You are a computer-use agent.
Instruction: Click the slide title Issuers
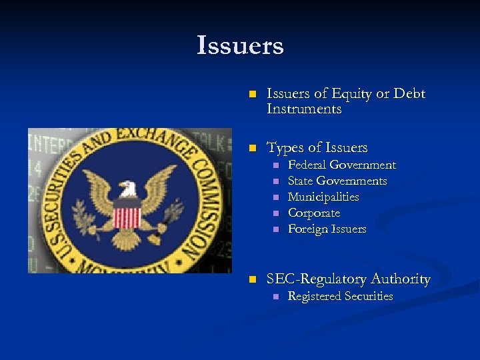pos(240,46)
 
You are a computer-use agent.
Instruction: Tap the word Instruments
pos(303,109)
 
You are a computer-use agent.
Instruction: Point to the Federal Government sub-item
pos(341,165)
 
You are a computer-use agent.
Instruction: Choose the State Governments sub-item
pos(337,181)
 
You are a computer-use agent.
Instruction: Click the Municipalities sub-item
pos(323,197)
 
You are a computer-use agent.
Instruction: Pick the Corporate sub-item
pos(313,213)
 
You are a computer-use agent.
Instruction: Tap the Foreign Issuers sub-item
pos(327,229)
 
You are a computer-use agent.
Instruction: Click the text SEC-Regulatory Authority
pos(348,279)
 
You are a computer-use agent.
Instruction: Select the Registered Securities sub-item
pos(340,296)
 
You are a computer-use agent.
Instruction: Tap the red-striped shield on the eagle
pos(127,217)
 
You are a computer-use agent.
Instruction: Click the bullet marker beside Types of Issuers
pos(251,148)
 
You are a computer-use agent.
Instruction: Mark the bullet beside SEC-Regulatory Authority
pos(251,279)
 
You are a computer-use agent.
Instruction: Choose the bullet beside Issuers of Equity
pos(251,95)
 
